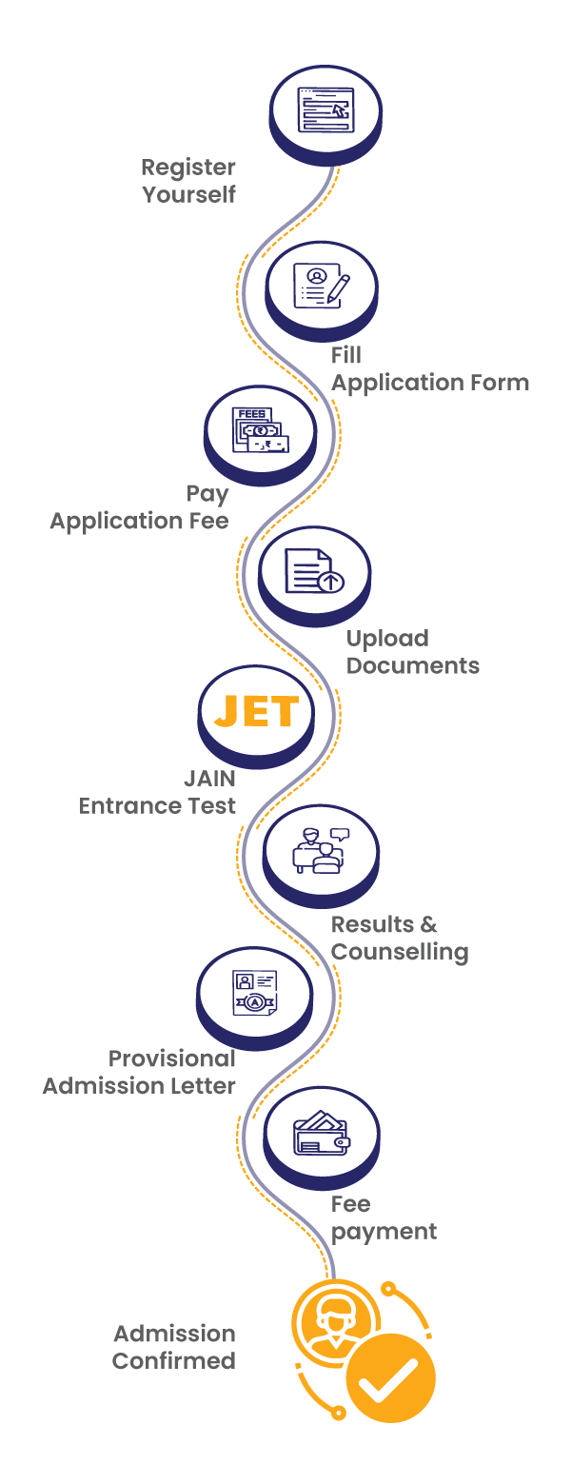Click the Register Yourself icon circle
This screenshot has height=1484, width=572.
pos(326,110)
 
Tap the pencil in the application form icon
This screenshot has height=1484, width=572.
pos(338,288)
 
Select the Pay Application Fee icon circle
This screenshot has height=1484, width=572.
pos(260,431)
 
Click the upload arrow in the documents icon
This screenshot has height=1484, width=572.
pos(331,581)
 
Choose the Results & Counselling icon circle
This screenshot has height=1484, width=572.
pos(321,851)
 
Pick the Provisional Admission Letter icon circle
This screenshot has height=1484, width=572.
pos(254,992)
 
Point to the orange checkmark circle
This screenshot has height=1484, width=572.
pos(390,1376)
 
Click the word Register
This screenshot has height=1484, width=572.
pos(188,168)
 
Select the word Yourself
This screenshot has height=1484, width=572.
pos(188,195)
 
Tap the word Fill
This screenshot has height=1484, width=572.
pos(346,355)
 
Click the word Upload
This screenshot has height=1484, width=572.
pos(387,638)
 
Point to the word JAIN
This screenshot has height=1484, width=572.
pos(209,779)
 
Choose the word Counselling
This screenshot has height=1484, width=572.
pos(400,952)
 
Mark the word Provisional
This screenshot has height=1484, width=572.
pos(172,1059)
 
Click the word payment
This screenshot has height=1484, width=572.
pos(385,1232)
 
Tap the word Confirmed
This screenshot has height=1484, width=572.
pos(174,1361)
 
